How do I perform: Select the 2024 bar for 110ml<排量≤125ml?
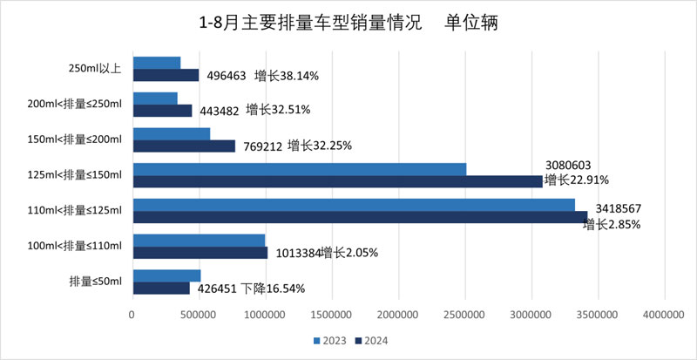coord(360,217)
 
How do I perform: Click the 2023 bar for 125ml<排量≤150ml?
coord(299,169)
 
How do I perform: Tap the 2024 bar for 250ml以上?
coord(166,75)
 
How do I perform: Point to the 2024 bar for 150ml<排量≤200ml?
coord(184,146)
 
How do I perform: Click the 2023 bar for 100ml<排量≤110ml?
coord(199,241)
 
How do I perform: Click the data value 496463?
coord(227,76)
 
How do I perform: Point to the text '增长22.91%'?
coord(576,180)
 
